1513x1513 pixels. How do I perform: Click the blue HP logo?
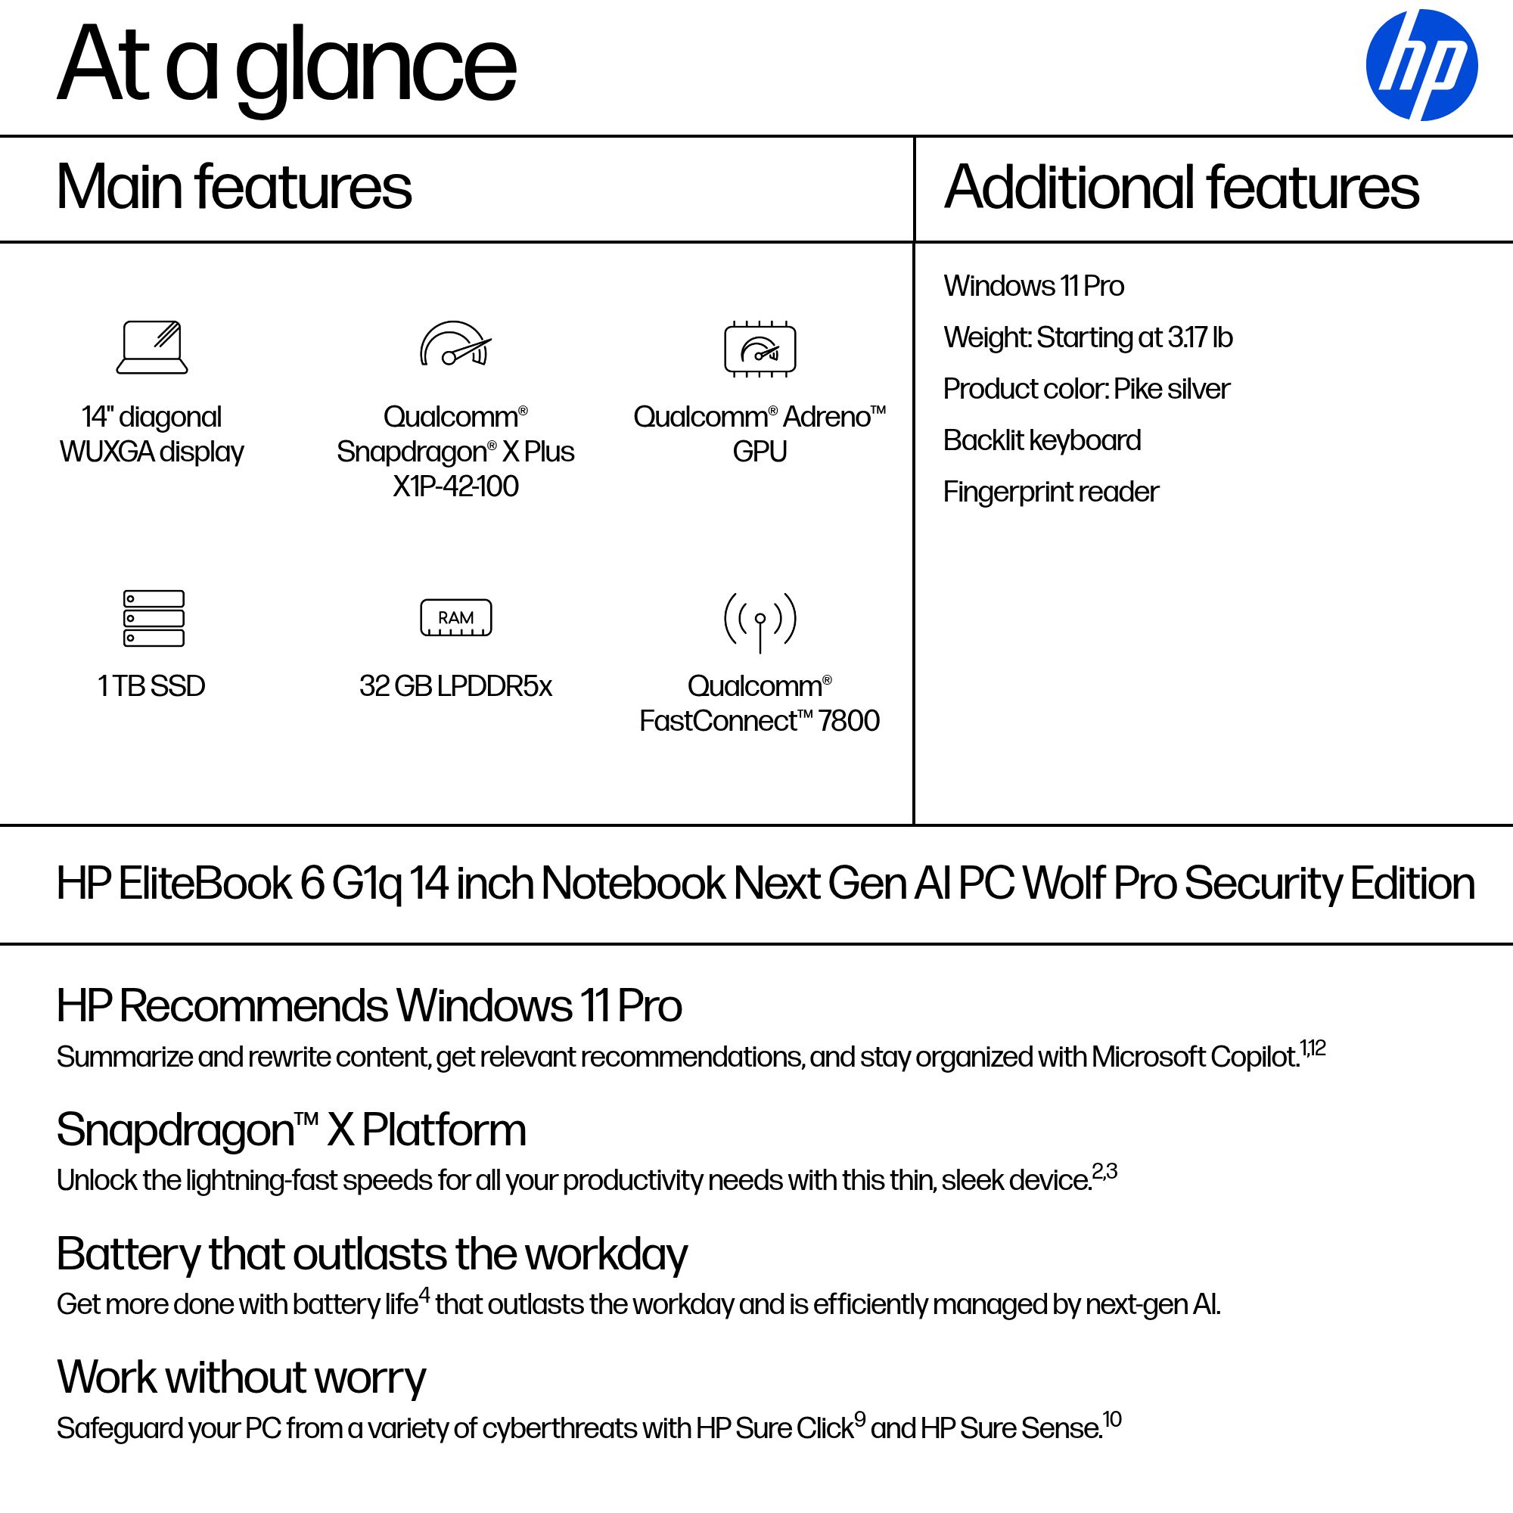point(1421,65)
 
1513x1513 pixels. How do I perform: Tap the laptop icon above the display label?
point(152,347)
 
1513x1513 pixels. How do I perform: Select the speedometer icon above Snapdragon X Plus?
point(455,343)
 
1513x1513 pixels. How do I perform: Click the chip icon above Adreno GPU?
point(760,349)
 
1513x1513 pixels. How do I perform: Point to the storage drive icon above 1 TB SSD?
point(154,618)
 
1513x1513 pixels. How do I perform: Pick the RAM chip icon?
point(455,618)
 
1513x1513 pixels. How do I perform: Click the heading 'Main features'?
point(233,187)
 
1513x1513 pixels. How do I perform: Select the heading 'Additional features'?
point(1181,187)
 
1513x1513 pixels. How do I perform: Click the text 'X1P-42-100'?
point(455,486)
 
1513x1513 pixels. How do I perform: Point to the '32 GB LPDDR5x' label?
point(455,686)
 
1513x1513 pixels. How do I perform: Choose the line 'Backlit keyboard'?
point(1042,440)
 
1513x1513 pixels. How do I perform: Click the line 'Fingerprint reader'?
point(1050,492)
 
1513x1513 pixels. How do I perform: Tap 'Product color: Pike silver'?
point(1086,388)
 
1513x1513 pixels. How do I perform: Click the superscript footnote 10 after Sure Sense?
point(1112,1419)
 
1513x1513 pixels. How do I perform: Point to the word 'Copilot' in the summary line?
point(1253,1058)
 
